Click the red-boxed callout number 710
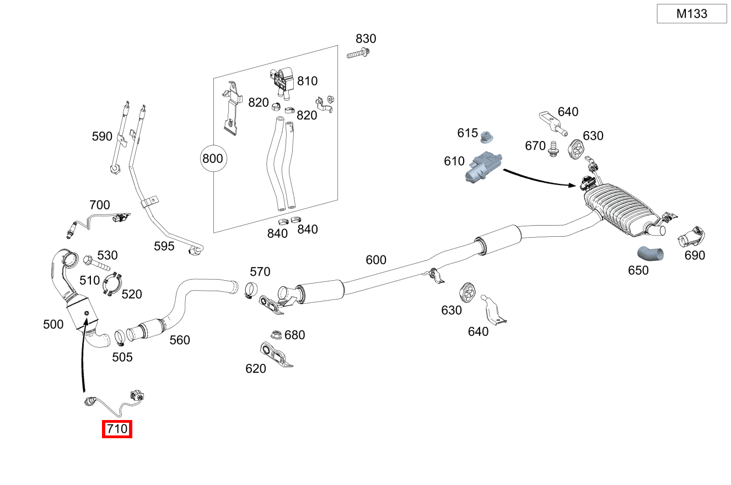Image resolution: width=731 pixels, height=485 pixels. [117, 429]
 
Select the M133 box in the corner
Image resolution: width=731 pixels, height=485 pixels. [691, 14]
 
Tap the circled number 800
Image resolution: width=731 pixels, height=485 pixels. [212, 159]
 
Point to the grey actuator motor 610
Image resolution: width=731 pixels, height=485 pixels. [483, 167]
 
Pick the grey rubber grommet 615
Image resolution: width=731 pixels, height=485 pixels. [487, 136]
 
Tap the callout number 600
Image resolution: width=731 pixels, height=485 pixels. [376, 259]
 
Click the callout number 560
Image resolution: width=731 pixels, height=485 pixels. [179, 340]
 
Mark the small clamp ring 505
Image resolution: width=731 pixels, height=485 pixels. [120, 336]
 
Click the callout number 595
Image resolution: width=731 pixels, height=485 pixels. [164, 246]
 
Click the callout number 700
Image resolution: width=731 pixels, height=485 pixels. [99, 205]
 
